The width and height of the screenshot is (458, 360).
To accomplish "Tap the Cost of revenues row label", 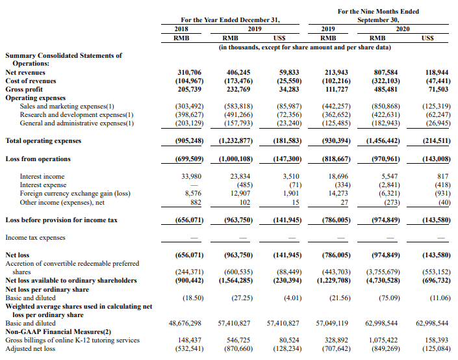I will pyautogui.click(x=31, y=81).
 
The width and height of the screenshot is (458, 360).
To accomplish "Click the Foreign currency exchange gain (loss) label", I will pyautogui.click(x=75, y=192).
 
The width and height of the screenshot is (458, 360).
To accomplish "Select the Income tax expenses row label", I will pyautogui.click(x=36, y=238).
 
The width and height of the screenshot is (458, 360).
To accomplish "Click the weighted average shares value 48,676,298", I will pyautogui.click(x=185, y=322).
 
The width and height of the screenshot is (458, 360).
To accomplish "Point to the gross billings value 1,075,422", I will pyautogui.click(x=383, y=339).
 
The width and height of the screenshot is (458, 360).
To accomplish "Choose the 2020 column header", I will pyautogui.click(x=402, y=29).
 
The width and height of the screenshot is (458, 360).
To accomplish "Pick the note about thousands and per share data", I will pyautogui.click(x=305, y=47).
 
